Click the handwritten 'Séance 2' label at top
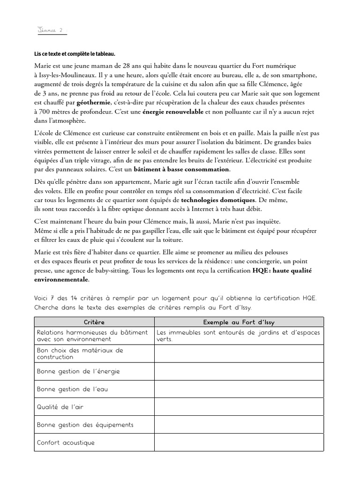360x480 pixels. pyautogui.click(x=51, y=30)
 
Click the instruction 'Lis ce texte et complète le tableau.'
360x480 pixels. pyautogui.click(x=75, y=54)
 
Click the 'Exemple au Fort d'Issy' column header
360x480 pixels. pyautogui.click(x=239, y=322)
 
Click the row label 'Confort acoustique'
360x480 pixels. pyautogui.click(x=66, y=442)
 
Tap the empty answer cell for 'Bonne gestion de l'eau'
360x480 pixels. pyautogui.click(x=239, y=389)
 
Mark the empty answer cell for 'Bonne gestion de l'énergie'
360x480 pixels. pyautogui.click(x=239, y=371)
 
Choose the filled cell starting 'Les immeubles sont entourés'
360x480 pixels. pyautogui.click(x=239, y=336)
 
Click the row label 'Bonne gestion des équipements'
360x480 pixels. pyautogui.click(x=85, y=425)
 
